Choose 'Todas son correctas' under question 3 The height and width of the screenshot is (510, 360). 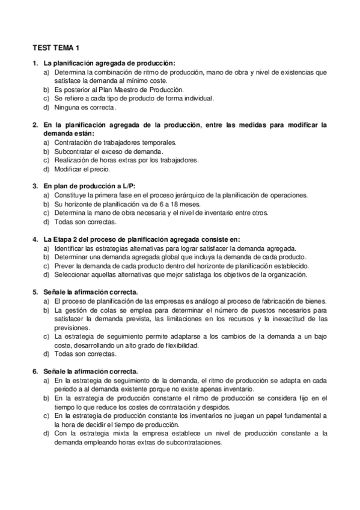tap(82, 222)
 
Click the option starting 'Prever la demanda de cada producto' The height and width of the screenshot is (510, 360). tap(182, 266)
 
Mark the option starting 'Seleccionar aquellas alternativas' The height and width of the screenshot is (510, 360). tap(180, 275)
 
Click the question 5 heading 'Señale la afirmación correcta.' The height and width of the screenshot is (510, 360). tap(91, 292)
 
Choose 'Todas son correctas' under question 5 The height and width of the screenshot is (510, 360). tap(82, 354)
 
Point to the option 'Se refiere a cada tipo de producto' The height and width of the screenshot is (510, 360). tap(133, 98)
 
